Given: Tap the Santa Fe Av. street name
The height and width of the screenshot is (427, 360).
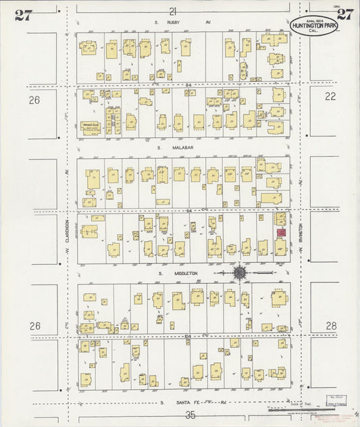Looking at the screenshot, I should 191,402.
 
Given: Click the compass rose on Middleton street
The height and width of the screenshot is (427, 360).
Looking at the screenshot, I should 240,273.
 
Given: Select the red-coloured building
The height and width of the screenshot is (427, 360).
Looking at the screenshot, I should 282,232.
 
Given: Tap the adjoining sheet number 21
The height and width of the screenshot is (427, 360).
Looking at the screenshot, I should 173,11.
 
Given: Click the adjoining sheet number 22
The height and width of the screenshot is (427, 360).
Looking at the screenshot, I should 330,97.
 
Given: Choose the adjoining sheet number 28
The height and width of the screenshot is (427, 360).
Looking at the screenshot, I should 330,326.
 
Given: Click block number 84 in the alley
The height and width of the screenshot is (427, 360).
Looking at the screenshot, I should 188,84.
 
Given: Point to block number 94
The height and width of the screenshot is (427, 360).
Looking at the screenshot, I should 190,210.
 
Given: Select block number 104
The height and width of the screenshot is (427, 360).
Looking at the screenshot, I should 188,335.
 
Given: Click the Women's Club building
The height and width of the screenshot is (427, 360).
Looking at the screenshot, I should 91,126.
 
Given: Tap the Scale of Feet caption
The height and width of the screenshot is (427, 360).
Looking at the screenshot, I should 293,403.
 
